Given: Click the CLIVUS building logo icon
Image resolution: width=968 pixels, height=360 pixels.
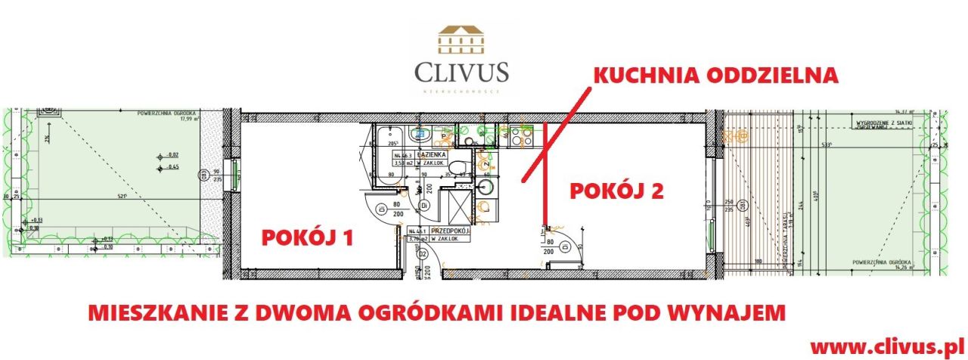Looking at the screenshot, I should point(461,42).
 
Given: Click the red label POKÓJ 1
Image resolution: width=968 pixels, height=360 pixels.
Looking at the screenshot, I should point(307,237).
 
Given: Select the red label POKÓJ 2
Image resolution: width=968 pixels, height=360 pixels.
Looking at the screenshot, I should point(616,191).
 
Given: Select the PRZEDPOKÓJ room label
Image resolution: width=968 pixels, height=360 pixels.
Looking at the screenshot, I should point(439,231).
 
